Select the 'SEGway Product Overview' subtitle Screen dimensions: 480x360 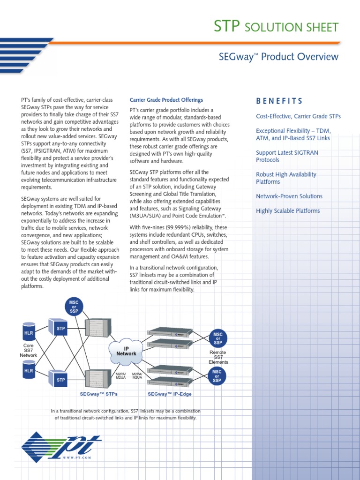(278, 57)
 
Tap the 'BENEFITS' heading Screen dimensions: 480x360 (279, 101)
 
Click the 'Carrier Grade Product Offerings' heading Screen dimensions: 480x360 (166, 100)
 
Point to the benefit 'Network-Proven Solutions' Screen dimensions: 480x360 (289, 196)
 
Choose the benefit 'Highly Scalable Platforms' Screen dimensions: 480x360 (288, 211)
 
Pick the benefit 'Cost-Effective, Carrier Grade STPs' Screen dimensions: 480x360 (298, 116)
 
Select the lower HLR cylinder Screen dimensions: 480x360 (29, 371)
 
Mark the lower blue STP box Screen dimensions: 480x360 (61, 379)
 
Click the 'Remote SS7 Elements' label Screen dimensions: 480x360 (218, 357)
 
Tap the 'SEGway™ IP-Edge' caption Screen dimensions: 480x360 (170, 395)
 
